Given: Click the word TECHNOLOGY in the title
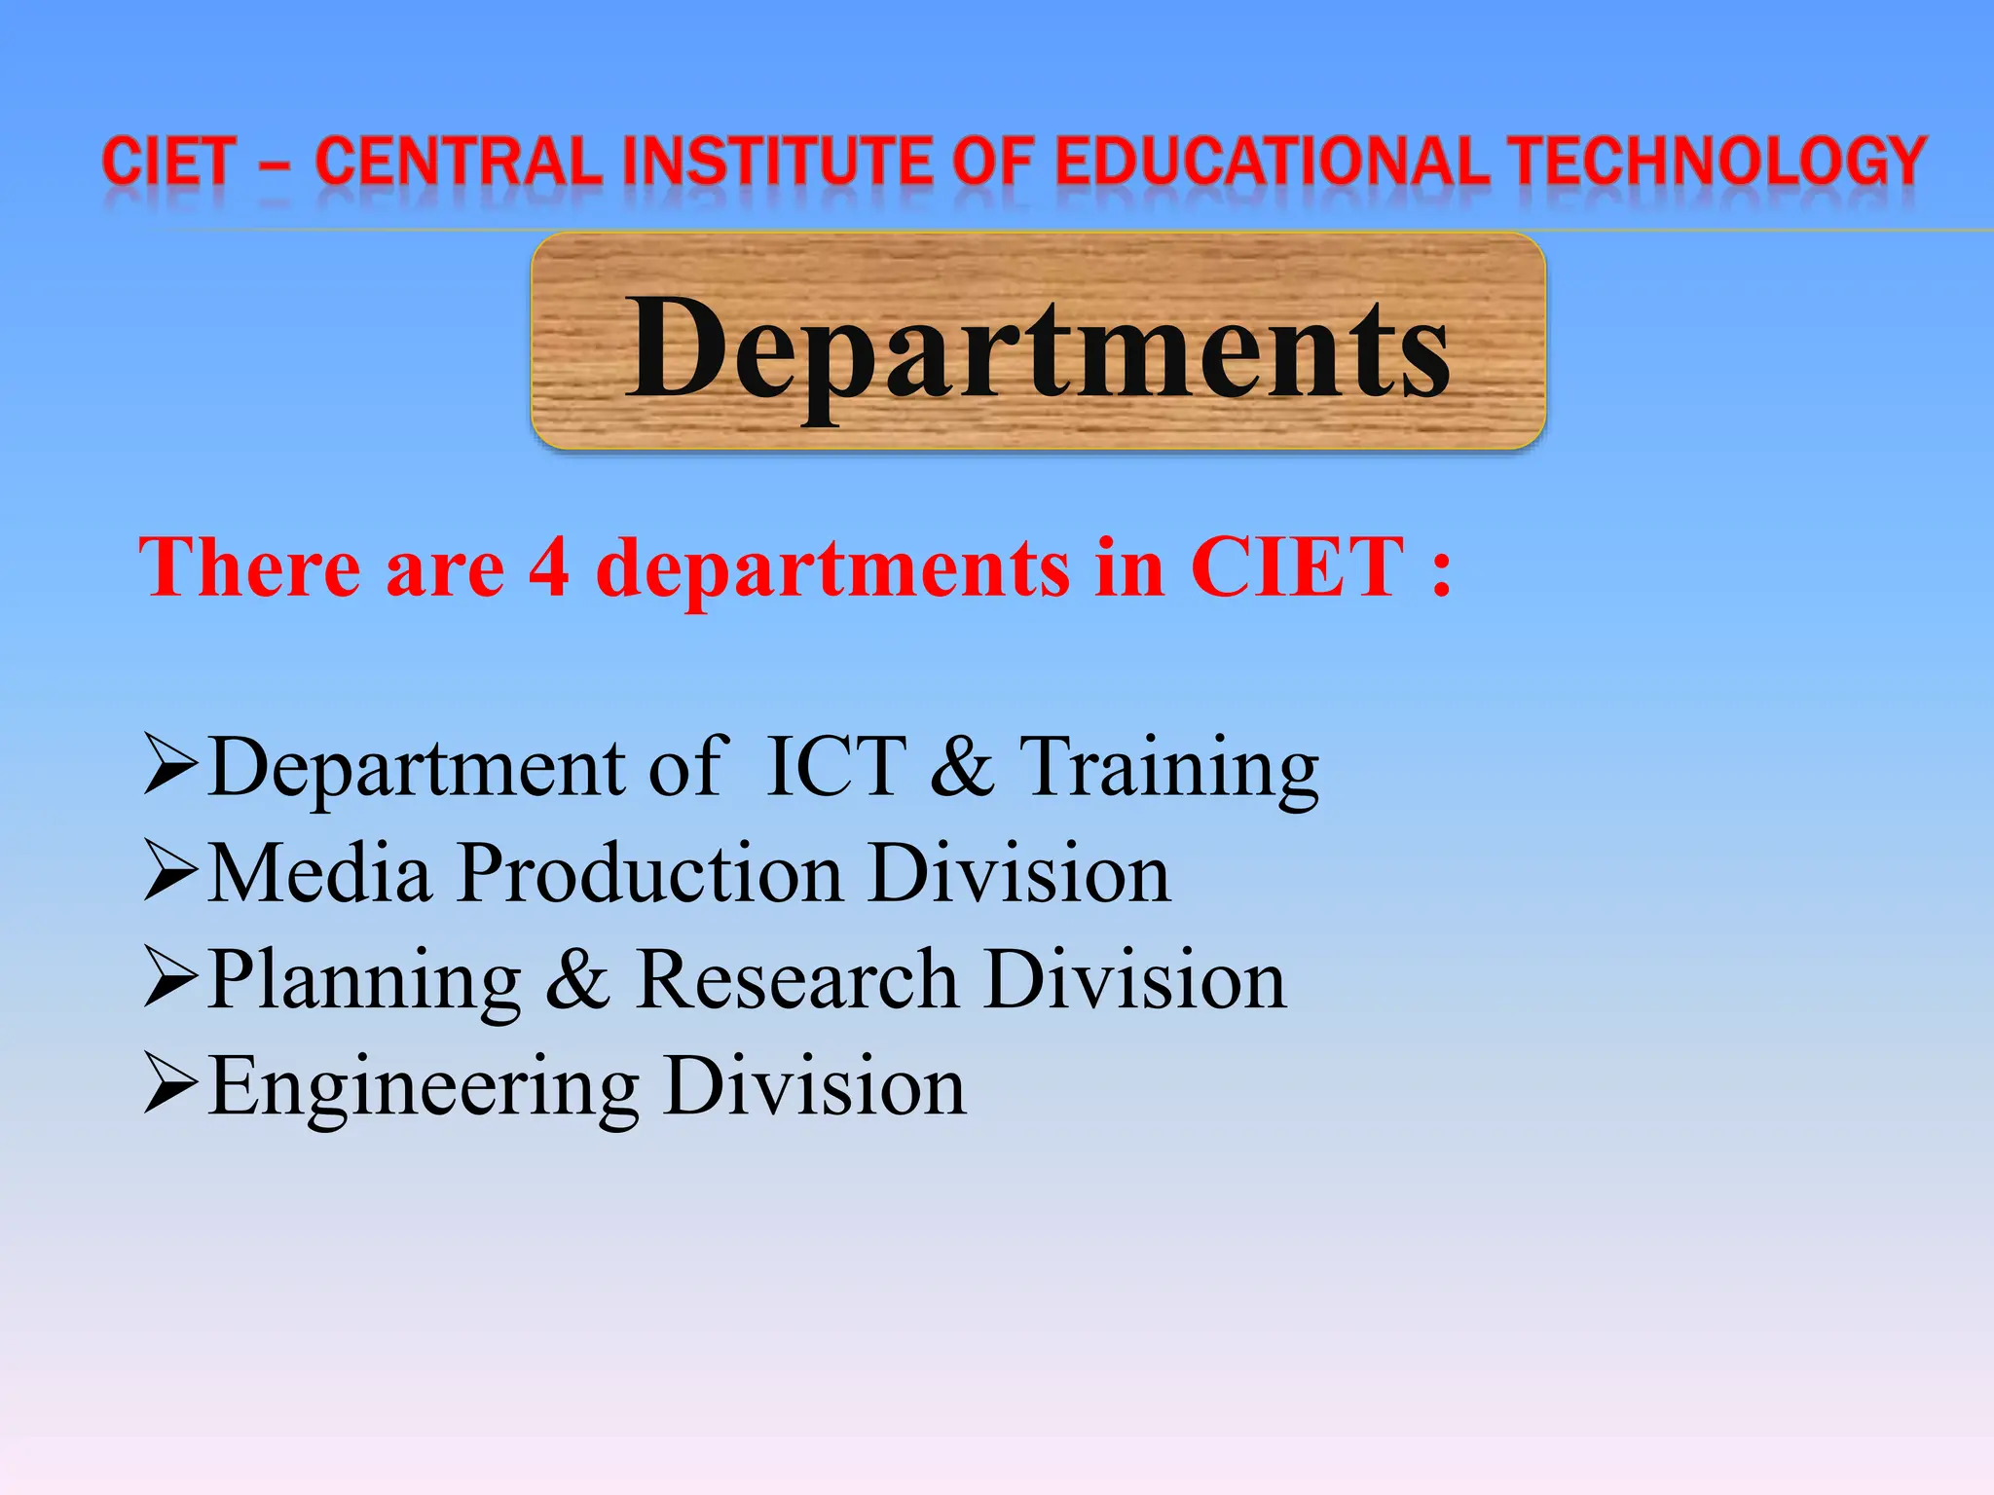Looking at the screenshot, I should (x=1719, y=161).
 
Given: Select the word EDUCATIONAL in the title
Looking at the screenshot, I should (x=1272, y=161).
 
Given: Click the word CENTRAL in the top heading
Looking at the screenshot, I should (x=460, y=161).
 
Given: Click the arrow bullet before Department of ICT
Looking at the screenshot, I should (x=170, y=765).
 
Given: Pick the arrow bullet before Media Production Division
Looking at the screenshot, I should (x=170, y=871).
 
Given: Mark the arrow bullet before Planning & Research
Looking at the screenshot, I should (x=170, y=977).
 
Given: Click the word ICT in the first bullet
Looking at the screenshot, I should (x=836, y=767).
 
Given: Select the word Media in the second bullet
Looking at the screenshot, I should (x=320, y=872).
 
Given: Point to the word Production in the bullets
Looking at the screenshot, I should (x=650, y=872).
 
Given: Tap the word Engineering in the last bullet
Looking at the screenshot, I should (x=424, y=1088).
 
